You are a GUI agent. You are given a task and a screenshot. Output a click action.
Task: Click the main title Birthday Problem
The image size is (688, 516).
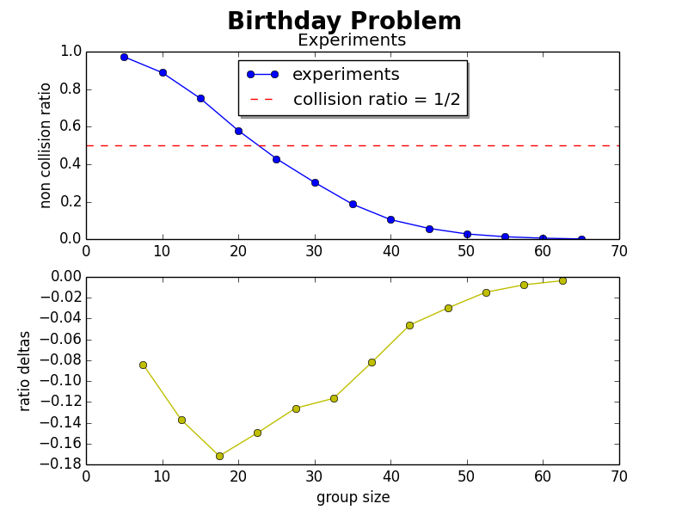[344, 21]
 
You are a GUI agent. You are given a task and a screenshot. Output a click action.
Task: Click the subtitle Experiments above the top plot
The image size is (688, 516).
[351, 40]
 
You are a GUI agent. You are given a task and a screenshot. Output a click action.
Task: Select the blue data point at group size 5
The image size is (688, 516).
[124, 57]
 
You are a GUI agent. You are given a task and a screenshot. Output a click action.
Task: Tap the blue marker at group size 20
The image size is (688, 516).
[238, 131]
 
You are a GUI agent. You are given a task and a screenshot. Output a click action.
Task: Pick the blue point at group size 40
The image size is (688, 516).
[390, 219]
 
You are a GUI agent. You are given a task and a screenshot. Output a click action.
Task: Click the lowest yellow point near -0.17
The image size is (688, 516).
[219, 456]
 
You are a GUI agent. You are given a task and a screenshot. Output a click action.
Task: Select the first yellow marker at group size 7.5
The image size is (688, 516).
[143, 365]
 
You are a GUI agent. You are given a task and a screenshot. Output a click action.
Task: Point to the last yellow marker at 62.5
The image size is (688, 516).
[562, 280]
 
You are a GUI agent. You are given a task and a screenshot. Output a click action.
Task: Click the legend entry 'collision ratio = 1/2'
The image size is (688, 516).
[377, 99]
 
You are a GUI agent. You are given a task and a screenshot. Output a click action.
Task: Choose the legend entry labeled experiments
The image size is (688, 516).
[345, 75]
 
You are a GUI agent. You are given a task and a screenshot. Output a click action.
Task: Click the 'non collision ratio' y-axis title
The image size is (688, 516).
[46, 144]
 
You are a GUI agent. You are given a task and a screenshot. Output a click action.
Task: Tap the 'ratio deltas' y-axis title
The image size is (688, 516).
[25, 371]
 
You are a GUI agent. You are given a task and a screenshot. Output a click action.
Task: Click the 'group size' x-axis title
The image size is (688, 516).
[353, 497]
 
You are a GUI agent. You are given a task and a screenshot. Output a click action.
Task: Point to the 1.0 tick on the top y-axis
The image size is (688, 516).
[71, 52]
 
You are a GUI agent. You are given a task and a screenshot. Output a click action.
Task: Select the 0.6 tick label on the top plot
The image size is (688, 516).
[71, 126]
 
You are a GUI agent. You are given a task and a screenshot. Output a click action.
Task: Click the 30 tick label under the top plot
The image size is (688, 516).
[314, 250]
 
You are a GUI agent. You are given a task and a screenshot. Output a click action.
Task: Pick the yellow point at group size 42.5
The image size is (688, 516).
[409, 325]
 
